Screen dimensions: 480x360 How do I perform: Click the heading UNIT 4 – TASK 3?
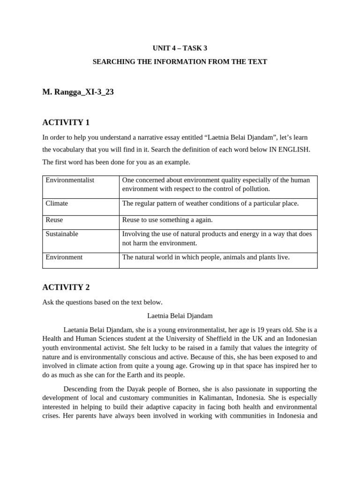click(180, 48)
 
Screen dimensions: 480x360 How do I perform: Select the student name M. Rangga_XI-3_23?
click(78, 92)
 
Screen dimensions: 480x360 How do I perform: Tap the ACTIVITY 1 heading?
click(66, 122)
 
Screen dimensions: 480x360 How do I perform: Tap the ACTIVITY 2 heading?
click(66, 287)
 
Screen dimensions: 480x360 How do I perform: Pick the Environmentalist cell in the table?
click(70, 180)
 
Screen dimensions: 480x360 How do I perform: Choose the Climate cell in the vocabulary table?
click(57, 203)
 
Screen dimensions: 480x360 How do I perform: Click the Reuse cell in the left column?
click(54, 220)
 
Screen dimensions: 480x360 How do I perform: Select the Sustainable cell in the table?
click(62, 234)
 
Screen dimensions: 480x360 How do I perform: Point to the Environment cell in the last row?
click(64, 257)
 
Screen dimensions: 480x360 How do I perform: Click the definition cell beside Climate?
click(210, 203)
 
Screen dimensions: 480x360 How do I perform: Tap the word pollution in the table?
click(256, 189)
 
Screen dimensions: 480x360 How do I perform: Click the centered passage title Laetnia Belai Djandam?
click(180, 316)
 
